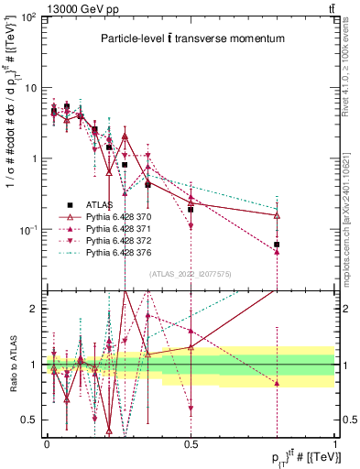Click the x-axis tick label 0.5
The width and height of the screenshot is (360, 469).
191,442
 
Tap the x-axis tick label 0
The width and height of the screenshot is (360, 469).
48,442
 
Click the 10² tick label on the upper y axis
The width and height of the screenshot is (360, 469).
29,18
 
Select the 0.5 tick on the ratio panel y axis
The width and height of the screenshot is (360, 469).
31,420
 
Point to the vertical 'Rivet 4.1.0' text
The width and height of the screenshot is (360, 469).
351,64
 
